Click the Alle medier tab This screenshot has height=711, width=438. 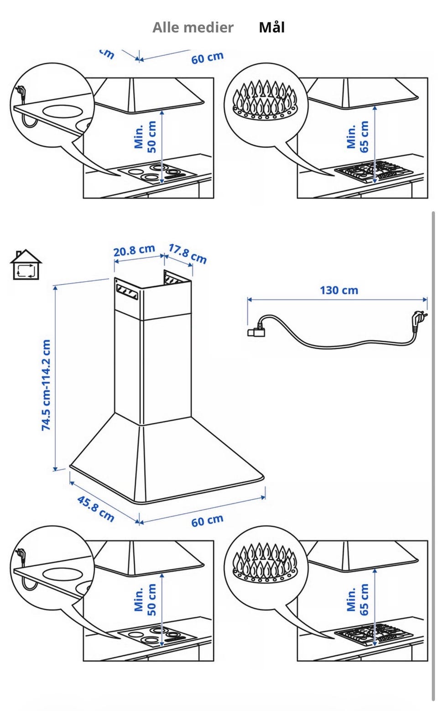(x=193, y=27)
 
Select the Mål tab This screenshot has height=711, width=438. (x=272, y=27)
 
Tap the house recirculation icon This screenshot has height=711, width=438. (x=26, y=264)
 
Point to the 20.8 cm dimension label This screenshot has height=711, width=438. (x=134, y=250)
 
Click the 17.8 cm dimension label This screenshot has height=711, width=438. (x=187, y=253)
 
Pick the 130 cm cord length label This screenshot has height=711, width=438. (x=339, y=290)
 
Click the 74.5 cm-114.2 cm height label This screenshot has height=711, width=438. (x=46, y=385)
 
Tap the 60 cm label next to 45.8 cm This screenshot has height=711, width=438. (x=207, y=520)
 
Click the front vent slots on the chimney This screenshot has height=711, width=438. (x=127, y=292)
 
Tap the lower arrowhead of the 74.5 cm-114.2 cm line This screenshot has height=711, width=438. (x=55, y=469)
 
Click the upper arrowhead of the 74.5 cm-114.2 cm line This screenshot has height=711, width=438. (x=55, y=288)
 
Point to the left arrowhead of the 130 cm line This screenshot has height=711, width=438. (x=250, y=299)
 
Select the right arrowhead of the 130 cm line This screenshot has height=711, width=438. (x=425, y=299)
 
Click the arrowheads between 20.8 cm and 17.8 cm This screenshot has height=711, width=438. (x=164, y=256)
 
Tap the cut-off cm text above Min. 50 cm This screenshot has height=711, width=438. (x=107, y=54)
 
